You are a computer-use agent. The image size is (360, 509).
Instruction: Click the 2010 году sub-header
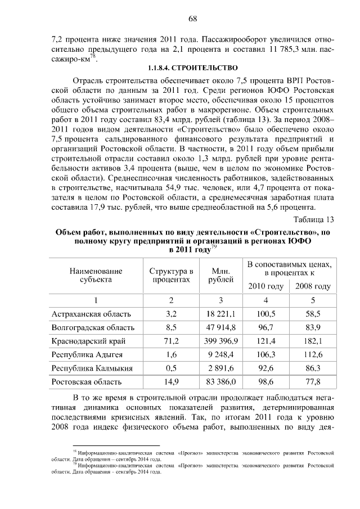[266, 286]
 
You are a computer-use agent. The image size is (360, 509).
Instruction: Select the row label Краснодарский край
[88, 341]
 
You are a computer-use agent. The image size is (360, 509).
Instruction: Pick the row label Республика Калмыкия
[92, 368]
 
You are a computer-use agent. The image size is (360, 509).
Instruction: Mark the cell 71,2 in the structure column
[171, 341]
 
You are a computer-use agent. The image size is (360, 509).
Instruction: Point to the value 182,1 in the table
[312, 341]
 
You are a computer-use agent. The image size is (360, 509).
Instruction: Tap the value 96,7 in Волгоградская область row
[266, 327]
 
